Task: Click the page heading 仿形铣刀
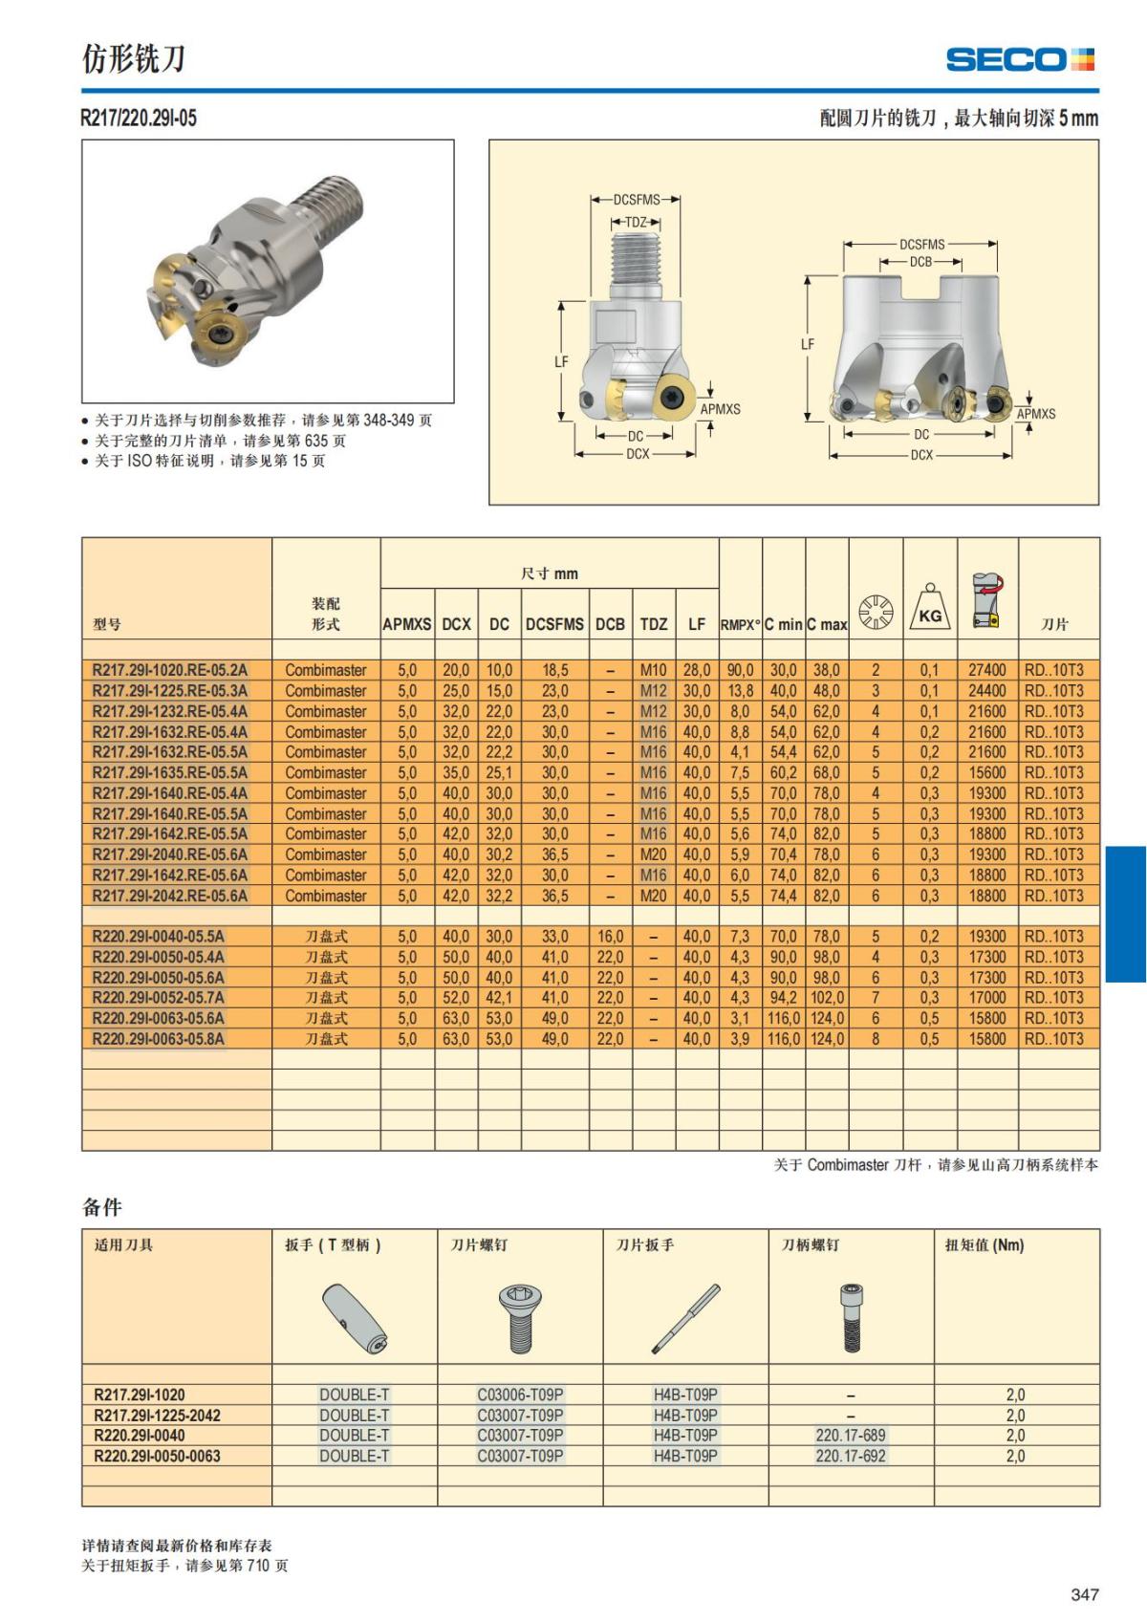[x=133, y=59]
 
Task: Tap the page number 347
[x=1085, y=1594]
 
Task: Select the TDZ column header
[x=654, y=624]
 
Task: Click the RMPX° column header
[x=740, y=624]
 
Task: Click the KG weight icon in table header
[x=930, y=609]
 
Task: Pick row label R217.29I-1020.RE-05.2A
[x=170, y=670]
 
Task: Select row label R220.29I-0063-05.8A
[x=159, y=1039]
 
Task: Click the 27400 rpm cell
[x=986, y=670]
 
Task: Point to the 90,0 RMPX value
[x=740, y=670]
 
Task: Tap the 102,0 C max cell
[x=827, y=998]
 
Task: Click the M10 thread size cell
[x=654, y=670]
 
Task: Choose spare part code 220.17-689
[x=850, y=1435]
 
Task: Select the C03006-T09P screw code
[x=520, y=1395]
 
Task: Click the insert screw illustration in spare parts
[x=519, y=1320]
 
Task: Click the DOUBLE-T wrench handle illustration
[x=355, y=1320]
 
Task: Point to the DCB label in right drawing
[x=920, y=262]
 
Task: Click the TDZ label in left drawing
[x=636, y=222]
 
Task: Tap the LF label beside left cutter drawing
[x=561, y=361]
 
